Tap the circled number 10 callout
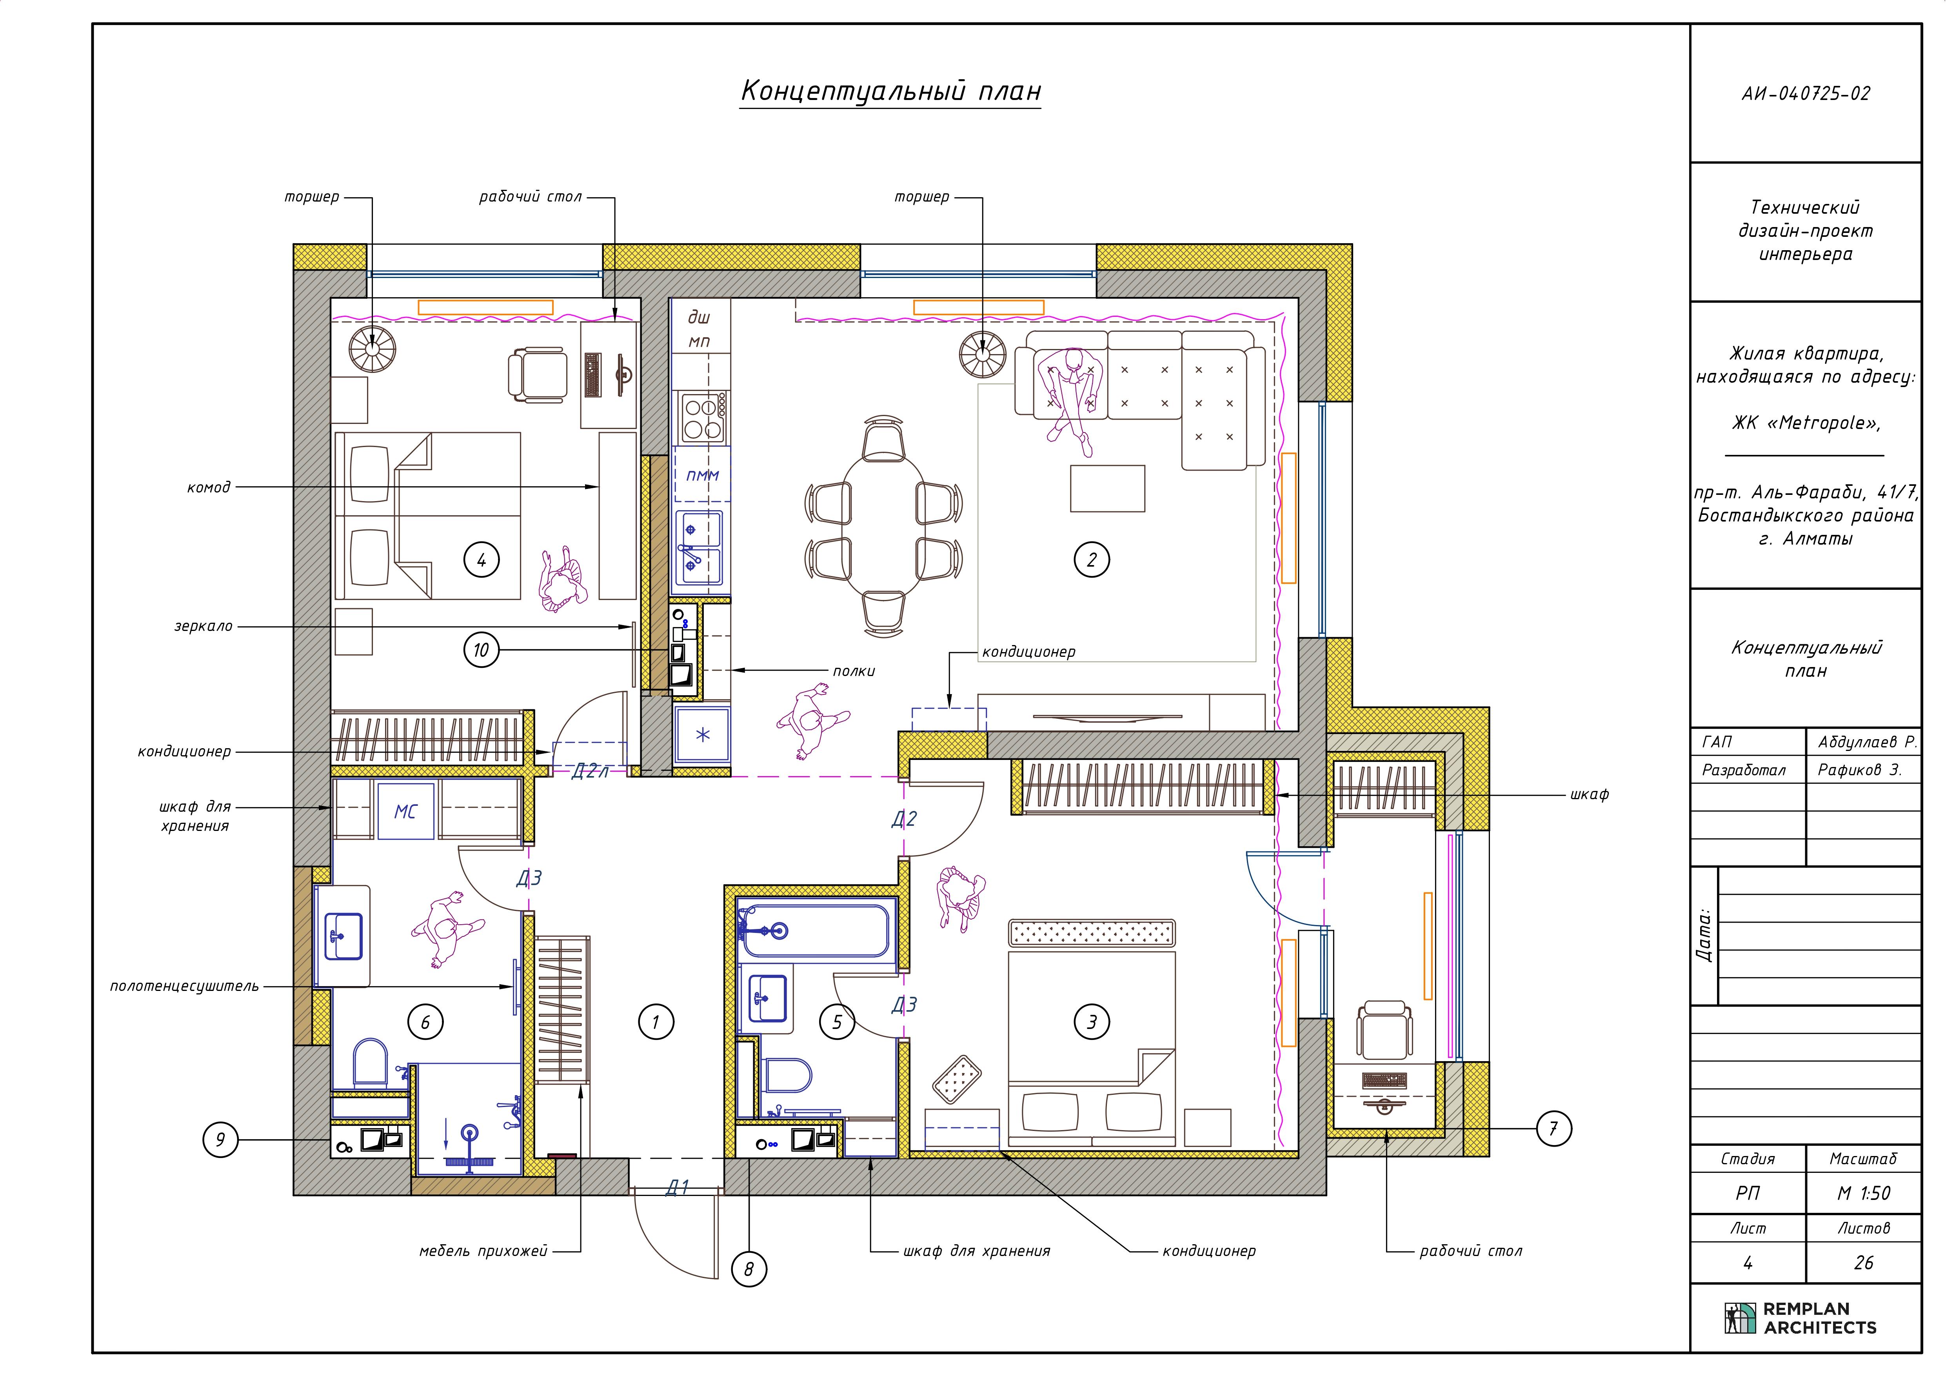482,650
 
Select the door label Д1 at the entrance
677,1188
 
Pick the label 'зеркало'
204,627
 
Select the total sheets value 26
1864,1263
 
